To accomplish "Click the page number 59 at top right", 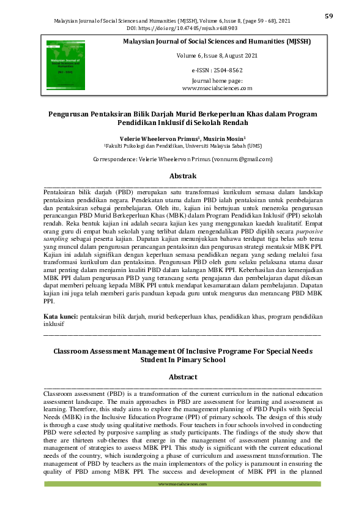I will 329,16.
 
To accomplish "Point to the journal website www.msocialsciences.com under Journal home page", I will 217,88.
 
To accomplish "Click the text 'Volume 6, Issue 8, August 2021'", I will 217,56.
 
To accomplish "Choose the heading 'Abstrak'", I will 182,175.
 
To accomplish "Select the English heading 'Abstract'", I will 182,377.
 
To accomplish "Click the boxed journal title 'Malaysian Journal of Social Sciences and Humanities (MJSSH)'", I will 217,41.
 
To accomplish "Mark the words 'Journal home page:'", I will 217,81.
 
